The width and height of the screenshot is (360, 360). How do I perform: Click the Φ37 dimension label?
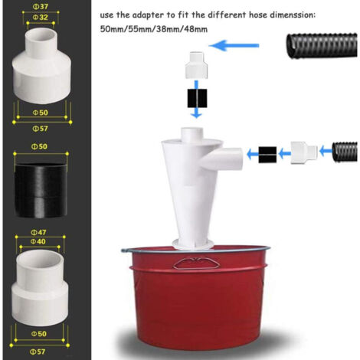click(x=41, y=6)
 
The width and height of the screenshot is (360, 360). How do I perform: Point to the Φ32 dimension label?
click(x=41, y=17)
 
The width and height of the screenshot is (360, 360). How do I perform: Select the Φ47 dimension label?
click(x=38, y=232)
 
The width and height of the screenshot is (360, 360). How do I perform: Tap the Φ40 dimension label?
click(x=38, y=241)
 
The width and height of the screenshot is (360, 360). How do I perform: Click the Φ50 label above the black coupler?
click(x=39, y=146)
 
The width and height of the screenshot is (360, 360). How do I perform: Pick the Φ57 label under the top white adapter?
click(x=40, y=129)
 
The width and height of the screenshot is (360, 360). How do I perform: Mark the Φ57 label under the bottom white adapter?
click(x=38, y=352)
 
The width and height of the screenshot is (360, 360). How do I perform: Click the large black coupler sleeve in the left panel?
click(x=41, y=191)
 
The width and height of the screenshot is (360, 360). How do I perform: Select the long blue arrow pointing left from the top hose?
click(x=234, y=46)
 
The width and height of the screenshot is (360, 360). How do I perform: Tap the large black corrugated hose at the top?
click(x=322, y=45)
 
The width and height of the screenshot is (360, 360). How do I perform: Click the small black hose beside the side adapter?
click(x=345, y=152)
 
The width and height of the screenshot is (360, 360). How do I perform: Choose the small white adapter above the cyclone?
click(x=196, y=65)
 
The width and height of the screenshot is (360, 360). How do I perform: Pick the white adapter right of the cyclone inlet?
click(x=304, y=152)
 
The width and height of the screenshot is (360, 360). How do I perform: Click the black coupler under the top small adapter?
click(x=197, y=98)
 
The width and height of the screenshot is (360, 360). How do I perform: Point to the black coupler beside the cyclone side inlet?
click(x=267, y=155)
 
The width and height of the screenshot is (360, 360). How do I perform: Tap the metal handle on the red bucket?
click(x=196, y=263)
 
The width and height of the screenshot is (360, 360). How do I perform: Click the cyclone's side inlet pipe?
click(x=221, y=159)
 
